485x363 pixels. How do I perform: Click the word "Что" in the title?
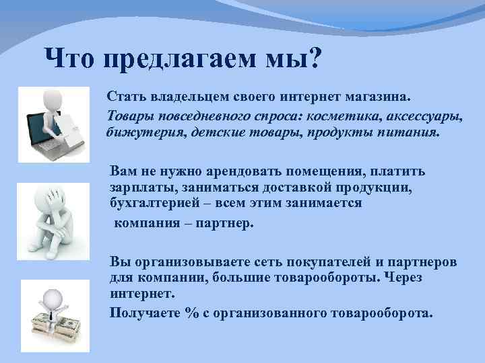point(71,61)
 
